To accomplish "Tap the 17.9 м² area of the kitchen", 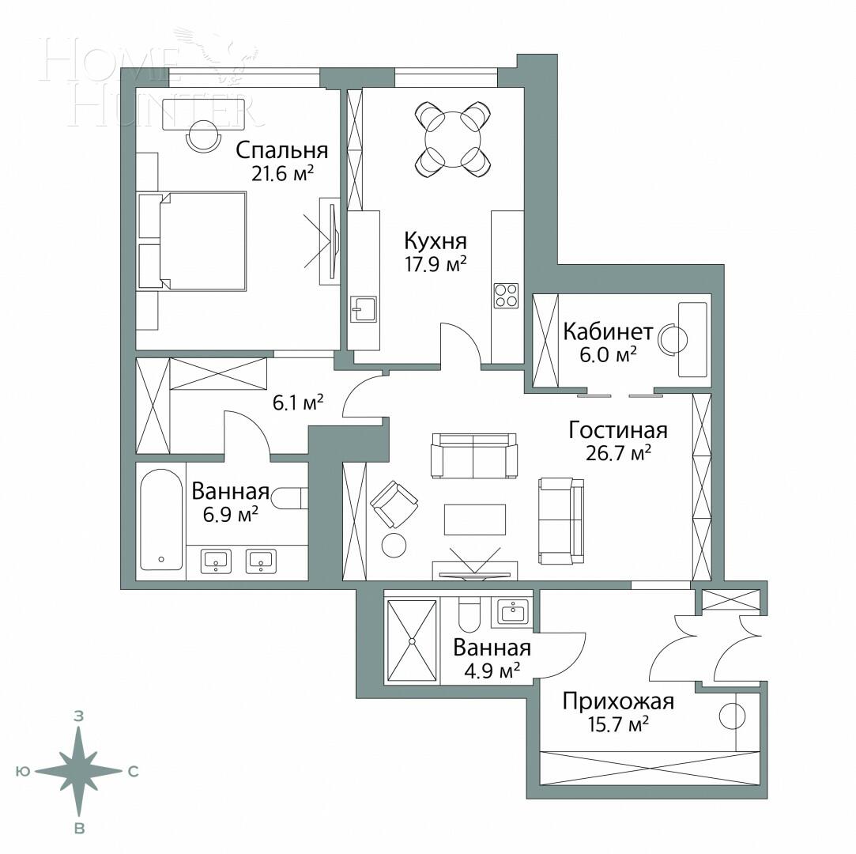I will (435, 264).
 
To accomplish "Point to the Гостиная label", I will (618, 430).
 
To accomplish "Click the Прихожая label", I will (617, 701).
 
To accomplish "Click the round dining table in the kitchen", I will (453, 139).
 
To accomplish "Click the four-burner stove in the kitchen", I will (507, 295).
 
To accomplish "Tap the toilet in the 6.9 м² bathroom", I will (288, 497).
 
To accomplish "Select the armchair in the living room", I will (394, 504).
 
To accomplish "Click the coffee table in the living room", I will (474, 519).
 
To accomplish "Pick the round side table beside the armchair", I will (394, 545).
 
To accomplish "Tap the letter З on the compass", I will (79, 716).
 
